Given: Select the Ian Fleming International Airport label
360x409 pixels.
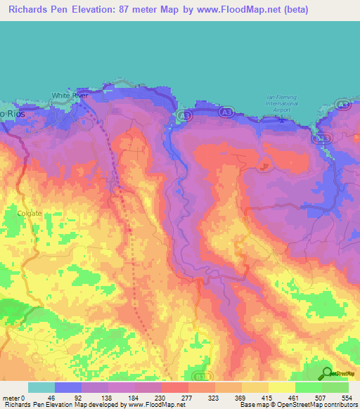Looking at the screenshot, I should pyautogui.click(x=281, y=105).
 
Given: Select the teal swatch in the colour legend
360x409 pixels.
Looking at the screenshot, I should pyautogui.click(x=41, y=387).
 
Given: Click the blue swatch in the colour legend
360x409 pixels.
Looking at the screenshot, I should pyautogui.click(x=67, y=387).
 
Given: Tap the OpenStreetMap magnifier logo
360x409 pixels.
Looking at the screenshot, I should pyautogui.click(x=326, y=374).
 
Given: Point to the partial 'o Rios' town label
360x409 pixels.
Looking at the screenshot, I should pyautogui.click(x=8, y=114).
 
